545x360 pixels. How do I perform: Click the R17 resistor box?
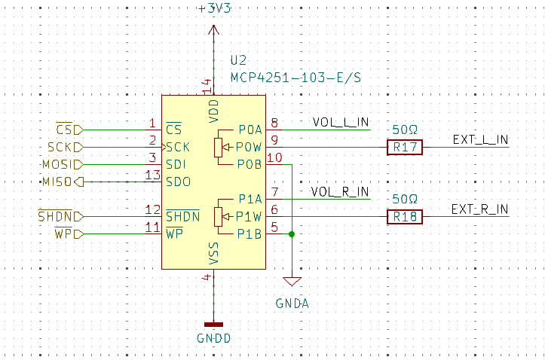[x=405, y=147]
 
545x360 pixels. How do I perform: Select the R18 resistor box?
[x=405, y=217]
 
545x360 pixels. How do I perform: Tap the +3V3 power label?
[x=214, y=8]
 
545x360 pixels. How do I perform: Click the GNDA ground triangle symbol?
[x=292, y=281]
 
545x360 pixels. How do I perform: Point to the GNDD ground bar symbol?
[x=214, y=325]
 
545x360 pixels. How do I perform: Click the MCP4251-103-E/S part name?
[x=295, y=78]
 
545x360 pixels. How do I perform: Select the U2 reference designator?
[x=238, y=60]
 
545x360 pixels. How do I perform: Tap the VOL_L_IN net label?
[x=341, y=122]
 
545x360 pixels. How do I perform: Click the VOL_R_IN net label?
[x=340, y=191]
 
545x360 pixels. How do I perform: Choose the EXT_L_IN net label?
[x=480, y=139]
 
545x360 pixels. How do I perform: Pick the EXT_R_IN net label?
[x=479, y=209]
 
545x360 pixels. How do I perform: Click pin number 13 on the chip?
[x=152, y=175]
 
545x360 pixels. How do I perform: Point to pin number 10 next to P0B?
[x=274, y=157]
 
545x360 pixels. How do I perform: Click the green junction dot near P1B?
[x=292, y=234]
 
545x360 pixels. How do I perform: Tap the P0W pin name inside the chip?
[x=249, y=147]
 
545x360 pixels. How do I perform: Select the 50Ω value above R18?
[x=405, y=199]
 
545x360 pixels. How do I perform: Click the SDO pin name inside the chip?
[x=179, y=182]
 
